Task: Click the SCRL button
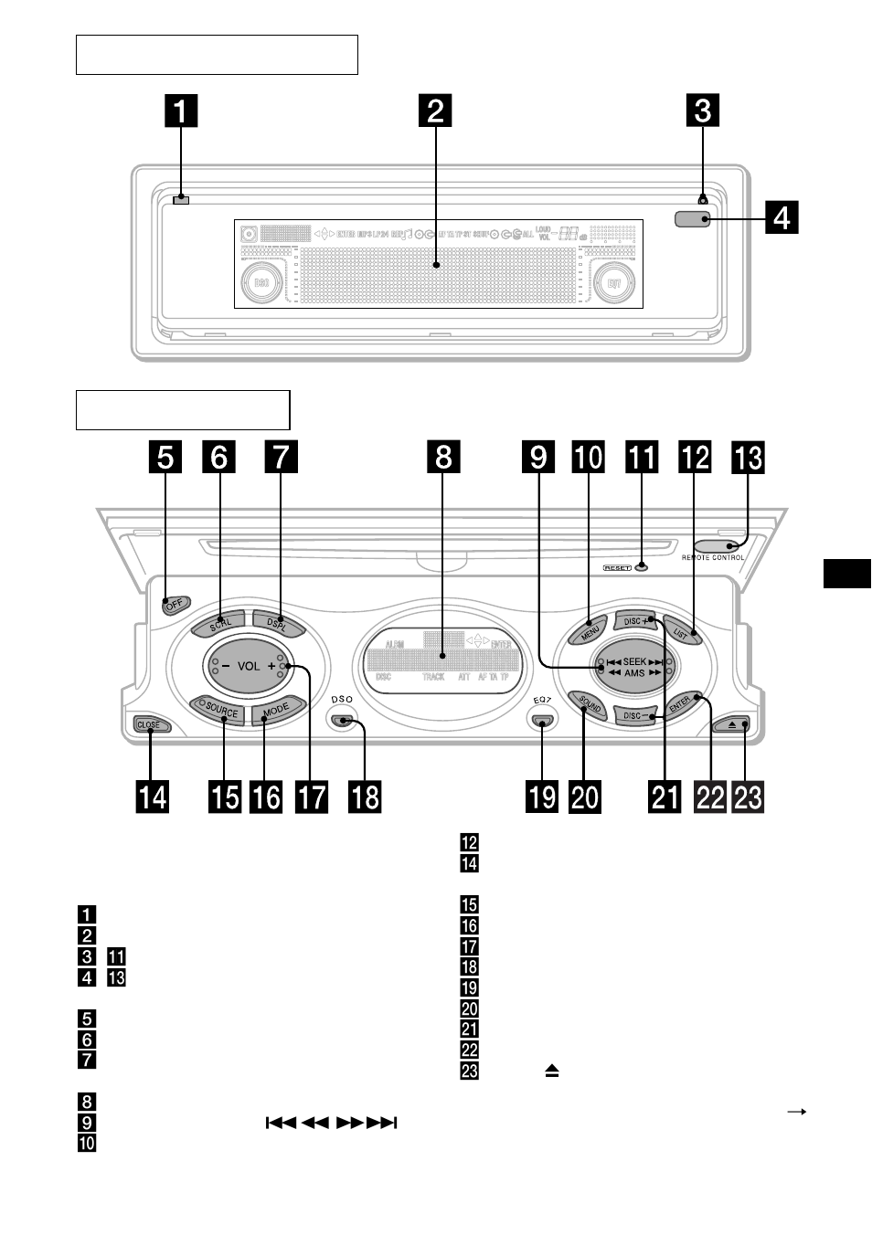point(219,625)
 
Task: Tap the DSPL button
point(277,623)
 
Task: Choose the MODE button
point(276,709)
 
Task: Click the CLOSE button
point(148,724)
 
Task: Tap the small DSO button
point(343,721)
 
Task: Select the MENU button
point(590,629)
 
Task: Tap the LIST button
point(681,630)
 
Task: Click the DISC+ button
point(635,621)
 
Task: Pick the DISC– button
point(634,716)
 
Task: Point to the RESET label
point(617,567)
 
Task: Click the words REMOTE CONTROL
point(713,557)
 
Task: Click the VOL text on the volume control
point(249,667)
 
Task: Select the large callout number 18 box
point(365,797)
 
